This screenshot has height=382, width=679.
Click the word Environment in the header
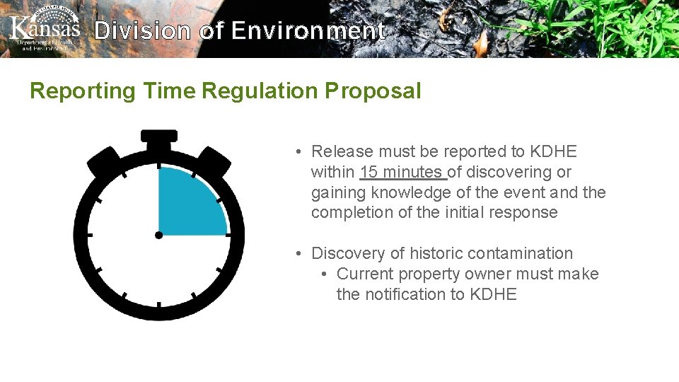pos(308,30)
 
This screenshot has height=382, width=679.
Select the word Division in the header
pos(142,30)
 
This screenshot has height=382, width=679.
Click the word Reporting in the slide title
pos(82,91)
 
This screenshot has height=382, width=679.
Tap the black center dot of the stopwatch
pos(159,234)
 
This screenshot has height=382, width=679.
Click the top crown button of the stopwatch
pos(159,136)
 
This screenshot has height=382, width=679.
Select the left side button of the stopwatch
pos(105,161)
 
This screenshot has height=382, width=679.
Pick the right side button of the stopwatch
pos(214,161)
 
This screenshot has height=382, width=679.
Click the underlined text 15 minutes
pos(402,172)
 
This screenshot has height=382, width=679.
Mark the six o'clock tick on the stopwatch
pos(159,305)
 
